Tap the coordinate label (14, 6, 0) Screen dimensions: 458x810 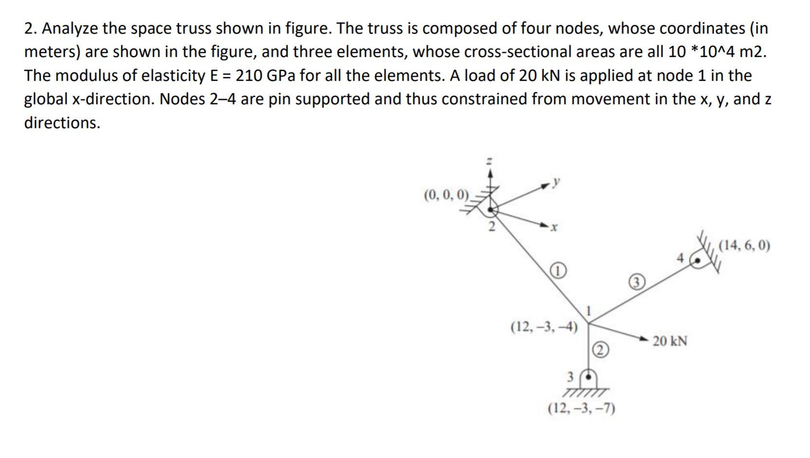745,246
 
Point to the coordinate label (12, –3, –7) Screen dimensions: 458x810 581,408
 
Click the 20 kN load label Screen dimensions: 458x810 670,341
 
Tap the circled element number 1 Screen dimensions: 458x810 559,270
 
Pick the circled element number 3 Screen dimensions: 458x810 637,282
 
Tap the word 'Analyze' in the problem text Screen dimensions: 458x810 70,29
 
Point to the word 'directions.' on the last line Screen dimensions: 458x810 62,122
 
